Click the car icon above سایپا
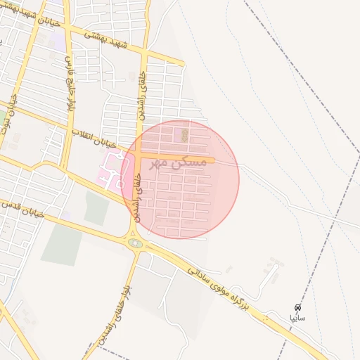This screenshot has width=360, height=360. click(x=298, y=308)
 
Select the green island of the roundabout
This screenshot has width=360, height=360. click(x=135, y=243)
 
